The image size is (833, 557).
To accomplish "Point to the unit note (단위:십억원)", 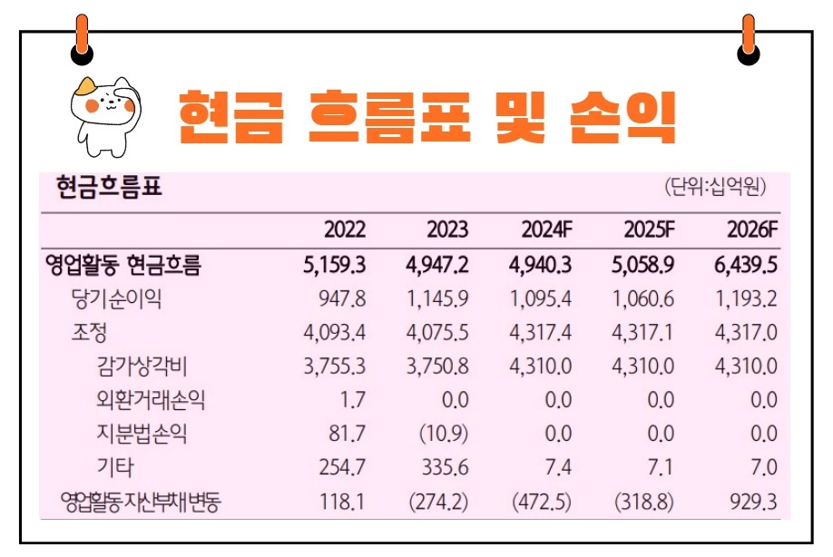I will coord(716,189).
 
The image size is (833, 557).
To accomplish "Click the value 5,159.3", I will coord(335,265).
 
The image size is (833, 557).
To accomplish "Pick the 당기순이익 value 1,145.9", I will coord(437,298).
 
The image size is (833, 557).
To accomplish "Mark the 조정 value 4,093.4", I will coord(335,332).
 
